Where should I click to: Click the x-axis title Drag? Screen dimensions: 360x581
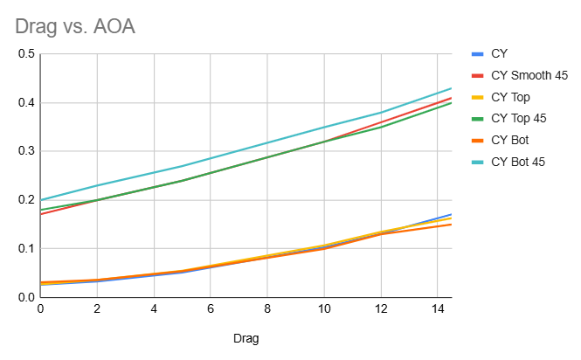246,337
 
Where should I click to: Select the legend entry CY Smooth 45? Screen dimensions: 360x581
529,75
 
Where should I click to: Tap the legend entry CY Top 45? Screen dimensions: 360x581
519,118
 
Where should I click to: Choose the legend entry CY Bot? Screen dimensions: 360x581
511,139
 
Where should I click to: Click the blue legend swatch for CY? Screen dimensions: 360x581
477,54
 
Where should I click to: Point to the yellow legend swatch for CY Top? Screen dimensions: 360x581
477,96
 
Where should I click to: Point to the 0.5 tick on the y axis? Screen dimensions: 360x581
25,54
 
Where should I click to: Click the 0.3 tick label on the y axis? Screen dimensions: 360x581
25,151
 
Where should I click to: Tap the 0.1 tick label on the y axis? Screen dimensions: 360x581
25,248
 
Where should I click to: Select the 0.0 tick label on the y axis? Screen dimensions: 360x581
25,297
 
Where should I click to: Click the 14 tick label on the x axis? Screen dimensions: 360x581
437,308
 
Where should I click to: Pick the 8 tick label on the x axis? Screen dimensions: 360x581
267,308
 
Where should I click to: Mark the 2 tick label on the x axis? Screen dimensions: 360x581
98,308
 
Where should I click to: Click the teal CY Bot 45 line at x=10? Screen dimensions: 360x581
323,127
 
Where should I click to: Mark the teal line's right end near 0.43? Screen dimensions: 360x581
451,88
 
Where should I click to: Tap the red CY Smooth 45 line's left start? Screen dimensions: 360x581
41,214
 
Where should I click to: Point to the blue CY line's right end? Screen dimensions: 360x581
451,214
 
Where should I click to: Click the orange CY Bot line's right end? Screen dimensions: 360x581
451,225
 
